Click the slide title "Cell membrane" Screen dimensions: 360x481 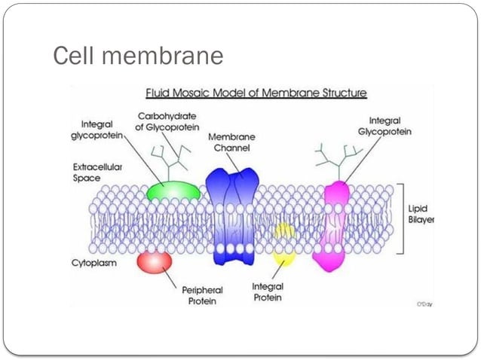[138, 56]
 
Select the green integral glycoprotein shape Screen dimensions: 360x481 [174, 189]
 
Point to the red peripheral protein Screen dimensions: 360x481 [154, 261]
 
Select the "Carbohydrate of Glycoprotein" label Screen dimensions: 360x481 [168, 121]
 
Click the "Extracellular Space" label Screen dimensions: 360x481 [98, 171]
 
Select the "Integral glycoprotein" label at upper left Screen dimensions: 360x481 [101, 129]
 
